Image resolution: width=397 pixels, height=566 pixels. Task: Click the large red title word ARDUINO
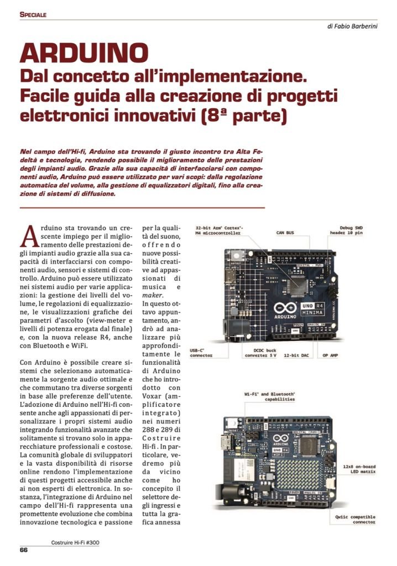84,53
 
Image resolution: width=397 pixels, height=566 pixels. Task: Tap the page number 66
24,549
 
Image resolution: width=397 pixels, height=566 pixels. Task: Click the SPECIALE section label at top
33,14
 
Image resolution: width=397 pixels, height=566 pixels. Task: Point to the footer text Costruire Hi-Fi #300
72,542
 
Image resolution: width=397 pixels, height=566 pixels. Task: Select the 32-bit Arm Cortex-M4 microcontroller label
218,230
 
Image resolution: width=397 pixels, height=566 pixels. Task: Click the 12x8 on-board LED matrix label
358,470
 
